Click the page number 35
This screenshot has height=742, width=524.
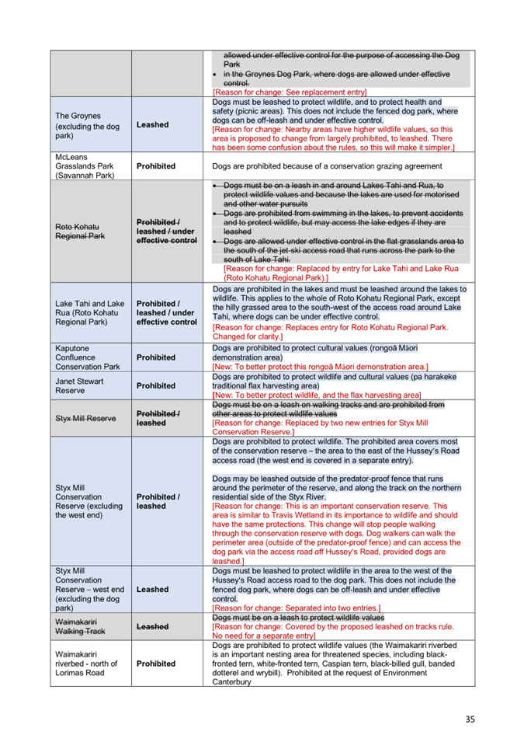click(470, 719)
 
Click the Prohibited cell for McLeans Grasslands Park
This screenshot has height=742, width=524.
click(155, 165)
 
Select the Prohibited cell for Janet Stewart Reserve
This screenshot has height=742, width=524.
click(155, 385)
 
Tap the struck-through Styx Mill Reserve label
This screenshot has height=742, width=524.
click(85, 418)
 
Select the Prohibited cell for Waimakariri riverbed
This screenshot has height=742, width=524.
click(155, 664)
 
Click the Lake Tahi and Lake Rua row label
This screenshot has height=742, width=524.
click(89, 312)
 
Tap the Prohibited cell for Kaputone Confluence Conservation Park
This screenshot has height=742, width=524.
click(155, 357)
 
